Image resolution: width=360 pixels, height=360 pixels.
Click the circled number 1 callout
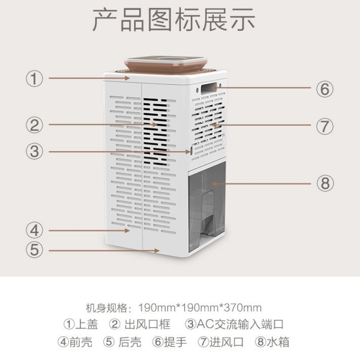coord(35,78)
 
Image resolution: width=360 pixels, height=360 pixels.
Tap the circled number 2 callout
coord(35,125)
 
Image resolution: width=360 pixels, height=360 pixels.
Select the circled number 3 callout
coord(35,151)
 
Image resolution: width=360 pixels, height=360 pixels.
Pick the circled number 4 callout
coord(35,230)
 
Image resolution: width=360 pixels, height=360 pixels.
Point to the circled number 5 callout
coord(35,250)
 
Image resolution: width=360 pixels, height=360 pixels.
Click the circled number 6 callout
coord(324,89)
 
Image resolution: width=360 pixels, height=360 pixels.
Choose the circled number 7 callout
coord(324,126)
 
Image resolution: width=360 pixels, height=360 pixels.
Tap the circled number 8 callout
coord(325,183)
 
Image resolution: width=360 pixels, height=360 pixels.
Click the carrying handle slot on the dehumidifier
coord(209,88)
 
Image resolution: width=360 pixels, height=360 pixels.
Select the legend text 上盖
coord(86,324)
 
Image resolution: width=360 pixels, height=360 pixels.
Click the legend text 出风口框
coord(148,324)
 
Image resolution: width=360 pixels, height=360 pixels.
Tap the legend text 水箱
coord(278,342)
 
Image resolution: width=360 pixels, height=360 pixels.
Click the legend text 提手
coord(175,342)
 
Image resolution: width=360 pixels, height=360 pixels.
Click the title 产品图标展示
coord(174,19)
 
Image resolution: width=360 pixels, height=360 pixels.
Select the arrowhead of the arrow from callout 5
coord(157,251)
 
